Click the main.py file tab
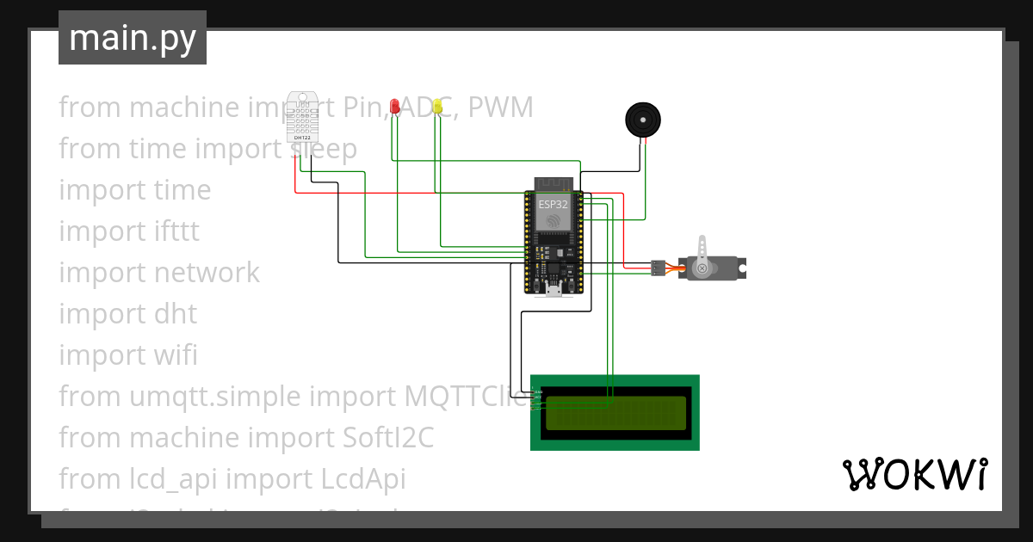[x=132, y=38]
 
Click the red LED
[x=394, y=106]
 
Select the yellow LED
[x=437, y=106]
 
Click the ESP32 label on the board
[x=553, y=205]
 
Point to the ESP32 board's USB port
[x=553, y=290]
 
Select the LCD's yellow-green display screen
[x=615, y=412]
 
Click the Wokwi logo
[x=914, y=475]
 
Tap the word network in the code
[x=207, y=273]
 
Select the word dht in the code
[x=175, y=314]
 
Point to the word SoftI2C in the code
[x=383, y=438]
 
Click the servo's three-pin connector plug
[x=658, y=268]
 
